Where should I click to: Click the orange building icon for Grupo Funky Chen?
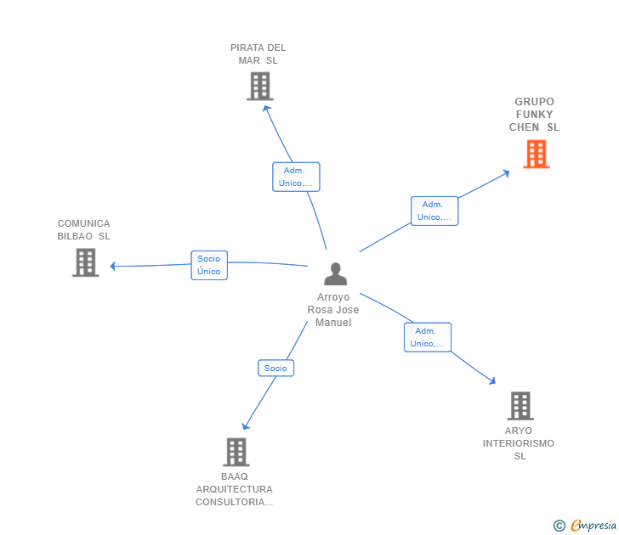click(x=536, y=154)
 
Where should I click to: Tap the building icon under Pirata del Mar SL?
click(x=259, y=86)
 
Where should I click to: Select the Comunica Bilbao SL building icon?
click(x=85, y=262)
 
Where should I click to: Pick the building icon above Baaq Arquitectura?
click(x=236, y=452)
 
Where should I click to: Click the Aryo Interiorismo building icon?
click(x=520, y=406)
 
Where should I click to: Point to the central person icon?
click(x=336, y=273)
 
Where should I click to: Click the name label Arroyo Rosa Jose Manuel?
click(x=333, y=310)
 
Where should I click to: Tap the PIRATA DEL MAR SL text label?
click(x=258, y=54)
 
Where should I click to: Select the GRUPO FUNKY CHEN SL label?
click(x=534, y=115)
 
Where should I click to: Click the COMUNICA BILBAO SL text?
click(x=84, y=230)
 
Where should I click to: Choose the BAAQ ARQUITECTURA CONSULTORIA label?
click(x=235, y=489)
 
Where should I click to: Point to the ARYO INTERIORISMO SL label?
click(x=519, y=443)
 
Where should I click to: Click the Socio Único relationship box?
click(x=209, y=265)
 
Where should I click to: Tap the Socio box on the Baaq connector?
click(x=275, y=368)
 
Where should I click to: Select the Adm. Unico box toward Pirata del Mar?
click(x=296, y=177)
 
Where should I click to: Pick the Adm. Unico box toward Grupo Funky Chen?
click(x=434, y=211)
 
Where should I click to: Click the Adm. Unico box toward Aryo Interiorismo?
click(x=427, y=337)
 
